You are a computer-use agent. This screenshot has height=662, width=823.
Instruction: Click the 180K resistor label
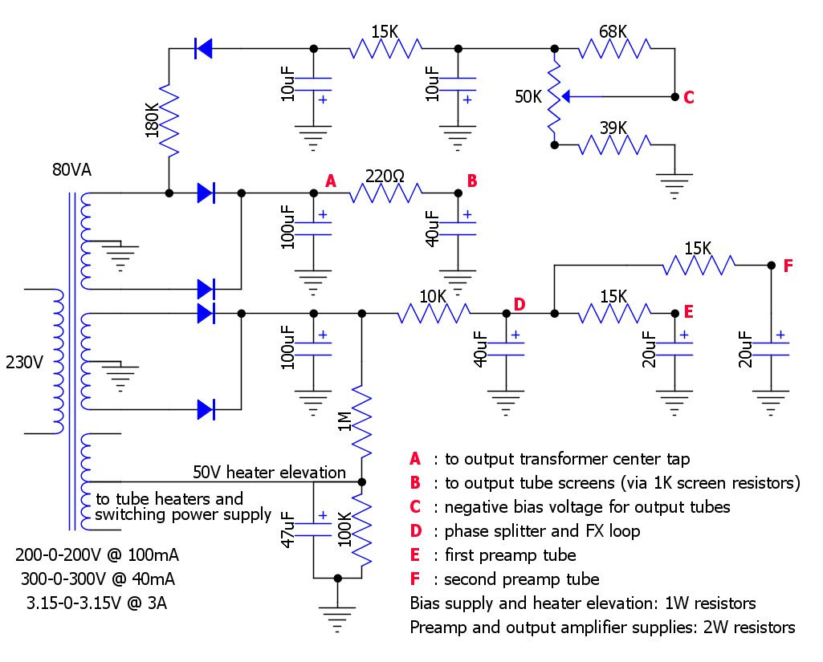152,120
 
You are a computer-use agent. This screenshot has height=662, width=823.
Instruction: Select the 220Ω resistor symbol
385,193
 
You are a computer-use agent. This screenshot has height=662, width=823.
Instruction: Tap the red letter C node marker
689,98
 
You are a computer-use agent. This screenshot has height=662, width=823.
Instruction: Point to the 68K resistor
614,48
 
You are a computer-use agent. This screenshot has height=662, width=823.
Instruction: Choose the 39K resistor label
613,128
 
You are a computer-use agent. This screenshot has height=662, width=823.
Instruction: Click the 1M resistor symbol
361,421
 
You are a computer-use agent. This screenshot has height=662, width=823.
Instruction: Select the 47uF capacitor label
287,530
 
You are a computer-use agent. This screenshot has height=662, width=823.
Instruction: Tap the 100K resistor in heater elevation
361,530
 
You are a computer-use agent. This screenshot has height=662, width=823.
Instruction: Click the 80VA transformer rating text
72,170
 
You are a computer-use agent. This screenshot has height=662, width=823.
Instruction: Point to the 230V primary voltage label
24,363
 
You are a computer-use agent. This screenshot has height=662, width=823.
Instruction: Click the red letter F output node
788,266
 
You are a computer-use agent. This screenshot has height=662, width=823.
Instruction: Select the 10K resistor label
433,297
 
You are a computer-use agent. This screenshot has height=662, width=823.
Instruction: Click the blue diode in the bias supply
203,48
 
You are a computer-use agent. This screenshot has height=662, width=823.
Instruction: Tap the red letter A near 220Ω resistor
331,181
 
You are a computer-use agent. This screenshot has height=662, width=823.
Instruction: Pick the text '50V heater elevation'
269,472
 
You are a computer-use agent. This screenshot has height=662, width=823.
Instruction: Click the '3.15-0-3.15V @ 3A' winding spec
97,603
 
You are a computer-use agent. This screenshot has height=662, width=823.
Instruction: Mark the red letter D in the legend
416,531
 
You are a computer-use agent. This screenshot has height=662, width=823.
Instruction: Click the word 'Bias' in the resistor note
424,603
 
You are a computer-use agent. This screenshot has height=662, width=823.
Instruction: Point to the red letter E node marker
689,312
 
